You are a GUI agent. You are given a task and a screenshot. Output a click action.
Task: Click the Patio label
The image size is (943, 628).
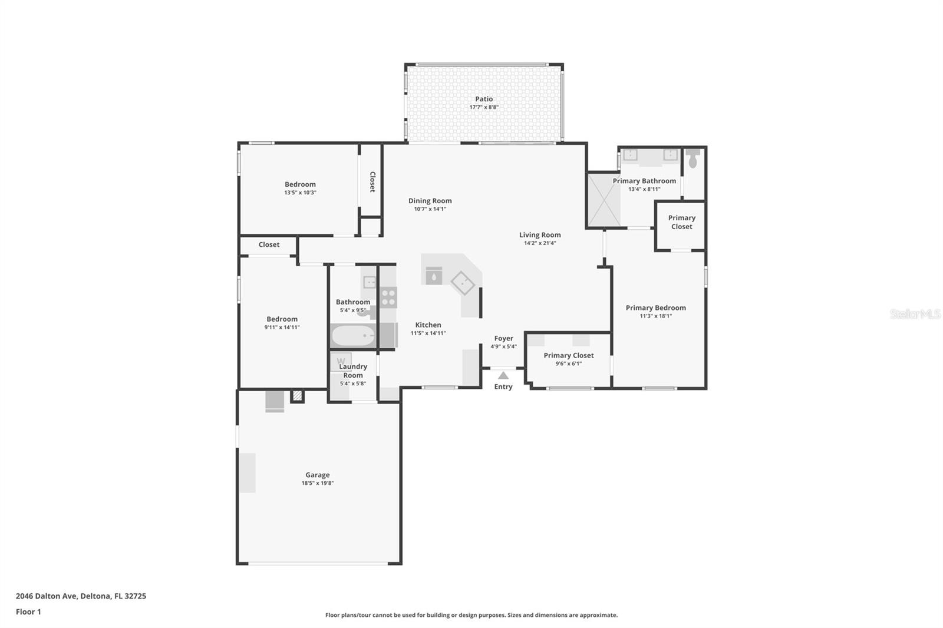point(484,99)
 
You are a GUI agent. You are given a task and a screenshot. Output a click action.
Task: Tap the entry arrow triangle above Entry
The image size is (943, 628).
point(503,375)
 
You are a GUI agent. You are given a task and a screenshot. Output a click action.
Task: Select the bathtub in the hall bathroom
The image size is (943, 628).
point(353,336)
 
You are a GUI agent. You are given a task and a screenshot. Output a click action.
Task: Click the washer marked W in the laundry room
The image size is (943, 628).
point(341,361)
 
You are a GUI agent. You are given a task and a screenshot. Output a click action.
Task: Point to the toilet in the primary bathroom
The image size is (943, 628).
point(693,158)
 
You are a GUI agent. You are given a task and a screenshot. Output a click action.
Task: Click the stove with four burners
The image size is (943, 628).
point(388,297)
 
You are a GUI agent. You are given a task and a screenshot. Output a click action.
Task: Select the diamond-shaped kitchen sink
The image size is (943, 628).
point(463,283)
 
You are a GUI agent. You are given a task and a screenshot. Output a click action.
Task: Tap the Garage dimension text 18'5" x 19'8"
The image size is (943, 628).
point(317,483)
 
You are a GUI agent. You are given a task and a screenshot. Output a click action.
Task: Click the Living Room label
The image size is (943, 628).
point(540,234)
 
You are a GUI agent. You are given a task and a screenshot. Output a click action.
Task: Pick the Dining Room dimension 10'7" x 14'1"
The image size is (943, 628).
point(430,209)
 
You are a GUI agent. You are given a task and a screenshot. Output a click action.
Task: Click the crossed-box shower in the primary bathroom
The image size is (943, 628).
point(604,200)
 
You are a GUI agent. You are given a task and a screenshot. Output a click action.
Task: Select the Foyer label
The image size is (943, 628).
point(503,338)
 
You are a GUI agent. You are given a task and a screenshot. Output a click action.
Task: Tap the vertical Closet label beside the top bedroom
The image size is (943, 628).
point(372,181)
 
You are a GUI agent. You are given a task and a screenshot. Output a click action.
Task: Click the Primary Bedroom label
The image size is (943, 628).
point(655,308)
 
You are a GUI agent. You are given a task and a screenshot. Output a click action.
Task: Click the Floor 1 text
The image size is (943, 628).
point(28,612)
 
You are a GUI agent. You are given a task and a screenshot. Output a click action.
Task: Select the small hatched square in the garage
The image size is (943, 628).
point(298,396)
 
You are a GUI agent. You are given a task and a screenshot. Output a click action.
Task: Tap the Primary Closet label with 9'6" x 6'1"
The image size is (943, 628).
point(568,355)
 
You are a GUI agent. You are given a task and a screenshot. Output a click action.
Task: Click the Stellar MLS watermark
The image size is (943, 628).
point(915,314)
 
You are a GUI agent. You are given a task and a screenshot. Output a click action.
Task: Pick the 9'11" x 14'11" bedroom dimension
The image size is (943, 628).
point(282,327)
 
